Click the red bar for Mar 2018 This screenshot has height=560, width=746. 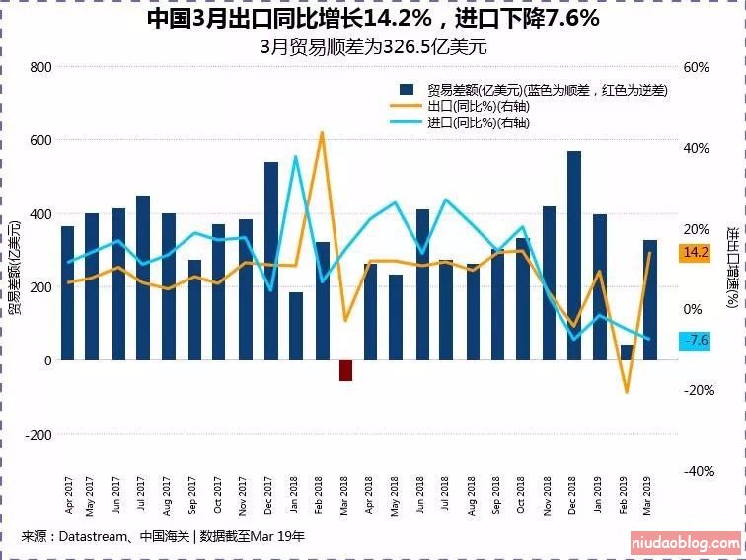345,370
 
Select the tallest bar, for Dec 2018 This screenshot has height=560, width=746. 573,256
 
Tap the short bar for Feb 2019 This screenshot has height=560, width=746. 626,353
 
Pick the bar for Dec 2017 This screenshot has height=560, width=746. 271,261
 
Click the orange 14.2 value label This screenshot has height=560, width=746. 696,253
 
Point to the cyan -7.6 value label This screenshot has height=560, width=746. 696,341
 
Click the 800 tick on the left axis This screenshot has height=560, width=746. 40,67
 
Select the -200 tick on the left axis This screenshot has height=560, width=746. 37,435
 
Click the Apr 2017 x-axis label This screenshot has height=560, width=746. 68,495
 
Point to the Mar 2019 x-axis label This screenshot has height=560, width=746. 648,495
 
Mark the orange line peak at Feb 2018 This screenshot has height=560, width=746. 322,132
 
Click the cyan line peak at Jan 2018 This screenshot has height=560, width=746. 295,156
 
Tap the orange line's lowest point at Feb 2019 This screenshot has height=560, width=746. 626,393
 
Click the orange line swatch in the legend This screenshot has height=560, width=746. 405,106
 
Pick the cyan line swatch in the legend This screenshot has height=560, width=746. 405,122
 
